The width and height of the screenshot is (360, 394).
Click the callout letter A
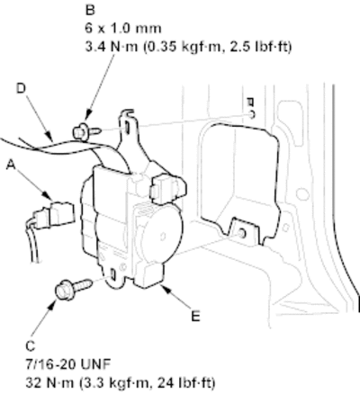point(11,165)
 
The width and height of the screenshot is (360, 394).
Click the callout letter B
point(90,10)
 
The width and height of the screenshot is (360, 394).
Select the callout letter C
point(31,346)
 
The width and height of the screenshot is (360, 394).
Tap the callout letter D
point(21,88)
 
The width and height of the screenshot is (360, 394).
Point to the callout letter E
point(195,317)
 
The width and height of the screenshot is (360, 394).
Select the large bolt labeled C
point(73,289)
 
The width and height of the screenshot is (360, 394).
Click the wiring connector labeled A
point(53,214)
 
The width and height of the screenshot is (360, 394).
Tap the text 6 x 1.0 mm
point(123,29)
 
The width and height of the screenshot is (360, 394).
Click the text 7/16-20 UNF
point(68,364)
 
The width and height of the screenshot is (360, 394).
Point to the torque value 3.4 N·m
point(111,47)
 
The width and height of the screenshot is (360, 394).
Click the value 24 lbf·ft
point(186,383)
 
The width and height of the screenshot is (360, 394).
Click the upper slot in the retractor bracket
point(127,127)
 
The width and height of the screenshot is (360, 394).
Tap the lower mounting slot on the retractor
point(113,274)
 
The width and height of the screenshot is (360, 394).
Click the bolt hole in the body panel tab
point(241,233)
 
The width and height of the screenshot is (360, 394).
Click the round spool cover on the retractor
point(162,237)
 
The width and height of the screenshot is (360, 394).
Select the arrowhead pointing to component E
point(165,289)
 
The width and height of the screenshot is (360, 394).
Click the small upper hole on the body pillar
point(252,113)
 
